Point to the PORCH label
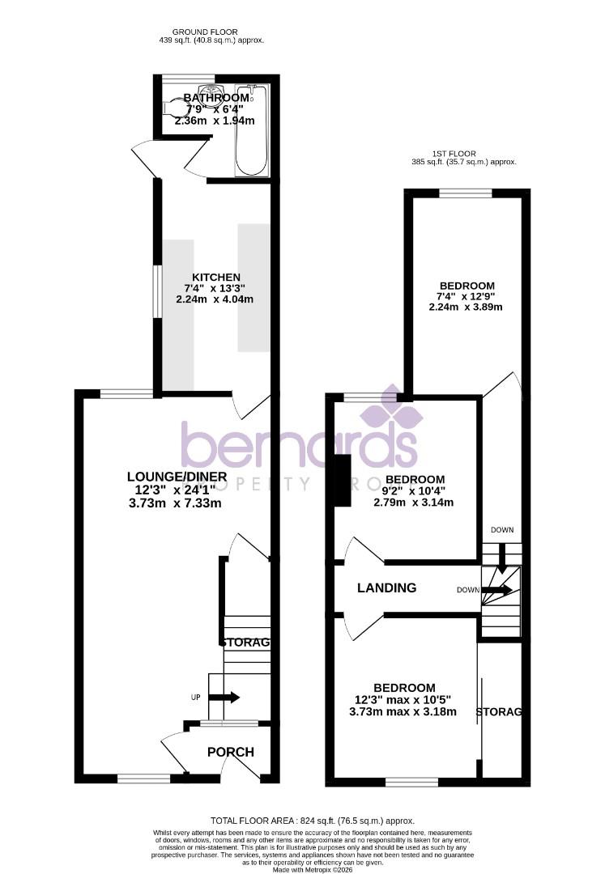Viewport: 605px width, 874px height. [x=230, y=752]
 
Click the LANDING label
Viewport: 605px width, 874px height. [x=387, y=588]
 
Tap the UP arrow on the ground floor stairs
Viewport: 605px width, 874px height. [x=224, y=697]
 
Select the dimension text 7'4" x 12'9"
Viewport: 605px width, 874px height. [x=467, y=296]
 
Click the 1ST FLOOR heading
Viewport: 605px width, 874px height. [x=454, y=153]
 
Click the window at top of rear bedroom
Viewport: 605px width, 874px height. [x=465, y=193]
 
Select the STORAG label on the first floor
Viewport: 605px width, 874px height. [x=498, y=712]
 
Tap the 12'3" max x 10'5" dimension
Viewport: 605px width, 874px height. [x=403, y=700]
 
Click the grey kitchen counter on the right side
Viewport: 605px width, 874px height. [x=253, y=287]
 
